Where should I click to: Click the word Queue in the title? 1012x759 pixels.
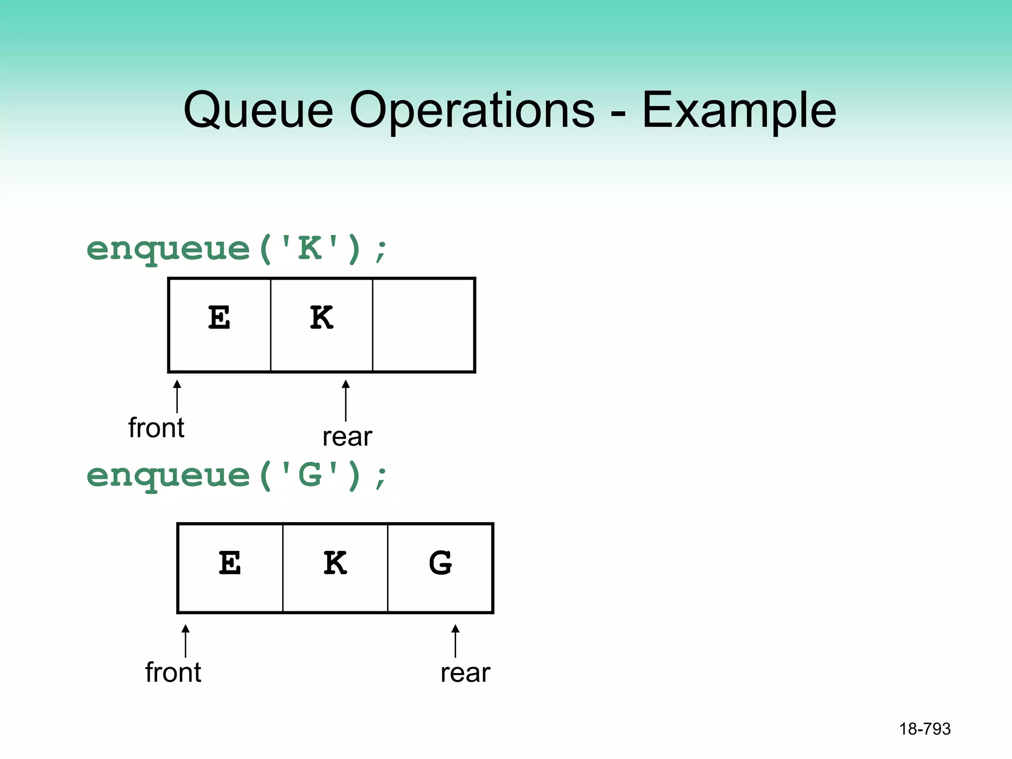(258, 111)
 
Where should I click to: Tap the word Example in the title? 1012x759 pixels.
(739, 111)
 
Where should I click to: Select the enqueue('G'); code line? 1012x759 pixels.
(237, 475)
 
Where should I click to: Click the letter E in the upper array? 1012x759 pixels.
(219, 318)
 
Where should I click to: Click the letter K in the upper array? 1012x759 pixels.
(322, 318)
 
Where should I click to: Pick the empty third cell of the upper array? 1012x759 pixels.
(423, 325)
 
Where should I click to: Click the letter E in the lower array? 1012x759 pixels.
(230, 563)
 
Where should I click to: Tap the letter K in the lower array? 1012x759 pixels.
(335, 563)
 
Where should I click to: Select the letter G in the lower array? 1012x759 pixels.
(440, 563)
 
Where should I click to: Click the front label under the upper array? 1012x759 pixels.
(156, 428)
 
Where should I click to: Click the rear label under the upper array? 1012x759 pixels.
(347, 437)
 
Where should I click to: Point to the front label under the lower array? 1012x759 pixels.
(173, 673)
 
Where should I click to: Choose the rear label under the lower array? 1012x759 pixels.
(465, 673)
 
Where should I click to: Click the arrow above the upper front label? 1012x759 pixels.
(177, 396)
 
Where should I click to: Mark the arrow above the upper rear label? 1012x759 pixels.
(346, 400)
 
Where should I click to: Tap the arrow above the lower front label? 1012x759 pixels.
(185, 640)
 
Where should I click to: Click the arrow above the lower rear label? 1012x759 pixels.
(455, 640)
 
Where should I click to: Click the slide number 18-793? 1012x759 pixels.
(925, 729)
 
